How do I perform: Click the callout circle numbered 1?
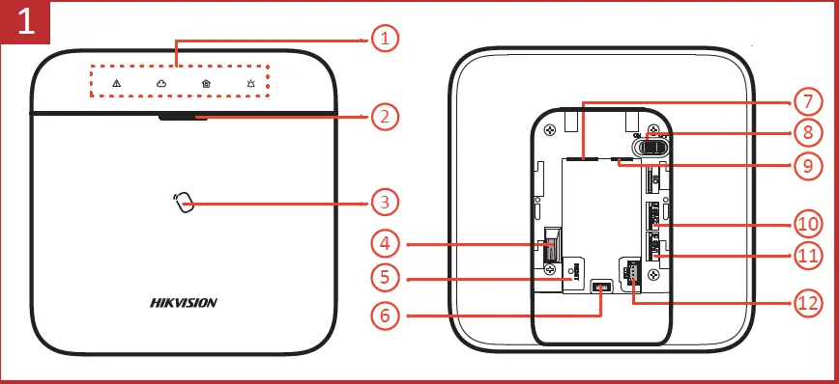coord(385,39)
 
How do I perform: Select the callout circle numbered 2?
coord(385,118)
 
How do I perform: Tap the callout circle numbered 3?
coord(385,203)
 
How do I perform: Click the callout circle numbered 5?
coord(385,278)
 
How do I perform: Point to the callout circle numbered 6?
coord(385,315)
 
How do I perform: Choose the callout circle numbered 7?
coord(805,100)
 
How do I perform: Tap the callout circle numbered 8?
coord(805,132)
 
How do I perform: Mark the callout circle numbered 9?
coord(805,165)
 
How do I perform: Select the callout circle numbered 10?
coord(805,224)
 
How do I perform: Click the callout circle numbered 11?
coord(805,257)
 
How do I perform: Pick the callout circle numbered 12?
coord(805,302)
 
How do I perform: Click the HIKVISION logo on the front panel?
coord(184,302)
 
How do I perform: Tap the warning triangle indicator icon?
coord(117,84)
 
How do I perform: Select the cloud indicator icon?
coord(161,84)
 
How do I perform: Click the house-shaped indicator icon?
coord(206,84)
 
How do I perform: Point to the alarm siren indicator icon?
coord(250,84)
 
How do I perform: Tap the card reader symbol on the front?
coord(184,203)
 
